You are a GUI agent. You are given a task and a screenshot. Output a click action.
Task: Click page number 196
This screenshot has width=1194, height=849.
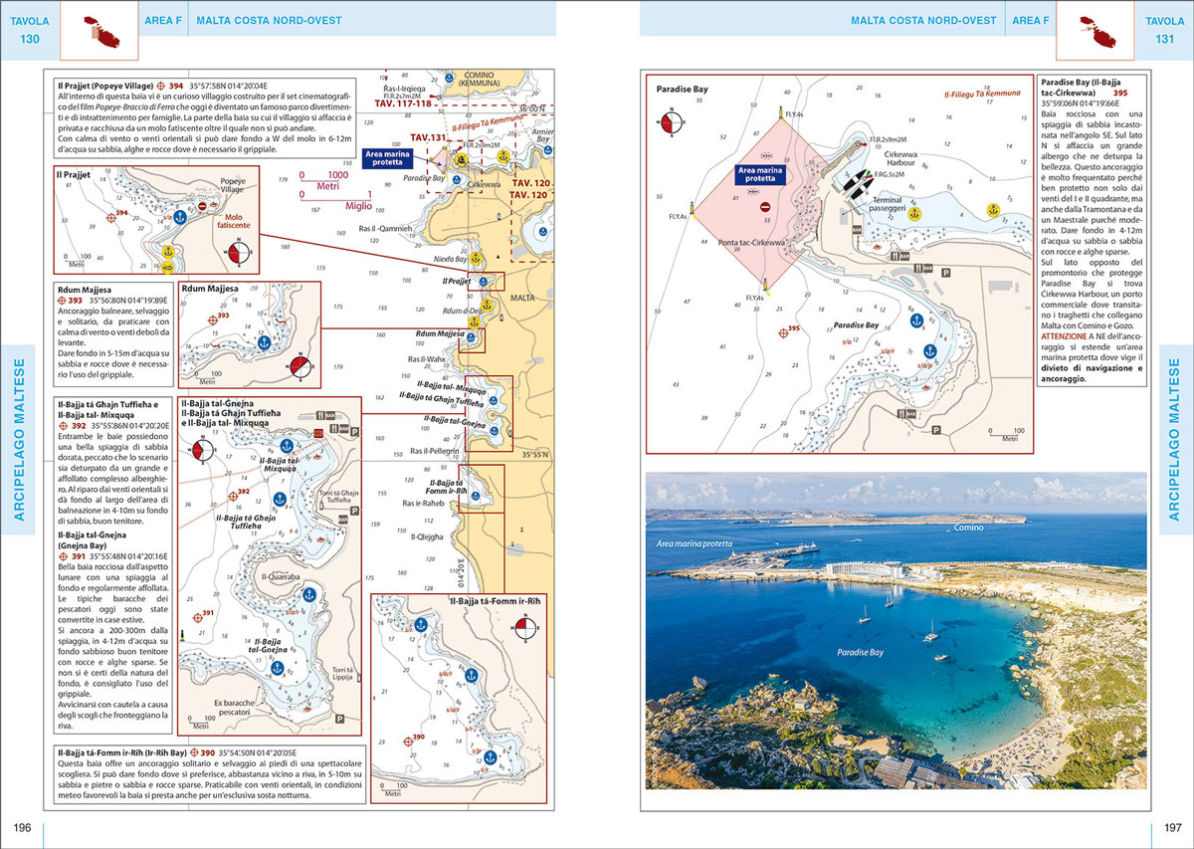pyautogui.click(x=22, y=828)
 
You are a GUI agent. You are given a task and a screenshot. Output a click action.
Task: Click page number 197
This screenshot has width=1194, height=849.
pyautogui.click(x=1171, y=828)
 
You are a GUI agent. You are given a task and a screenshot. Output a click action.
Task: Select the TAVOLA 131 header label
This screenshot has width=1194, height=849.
pyautogui.click(x=1165, y=29)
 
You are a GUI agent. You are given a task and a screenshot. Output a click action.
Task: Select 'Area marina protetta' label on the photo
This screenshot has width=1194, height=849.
pyautogui.click(x=694, y=544)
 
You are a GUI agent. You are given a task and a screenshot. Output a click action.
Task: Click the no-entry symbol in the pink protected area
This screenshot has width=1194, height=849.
pyautogui.click(x=764, y=207)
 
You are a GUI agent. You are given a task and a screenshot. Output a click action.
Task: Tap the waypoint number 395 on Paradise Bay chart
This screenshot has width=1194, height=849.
pyautogui.click(x=794, y=328)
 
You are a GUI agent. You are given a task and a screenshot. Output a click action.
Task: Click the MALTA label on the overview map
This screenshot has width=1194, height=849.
pyautogui.click(x=521, y=298)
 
